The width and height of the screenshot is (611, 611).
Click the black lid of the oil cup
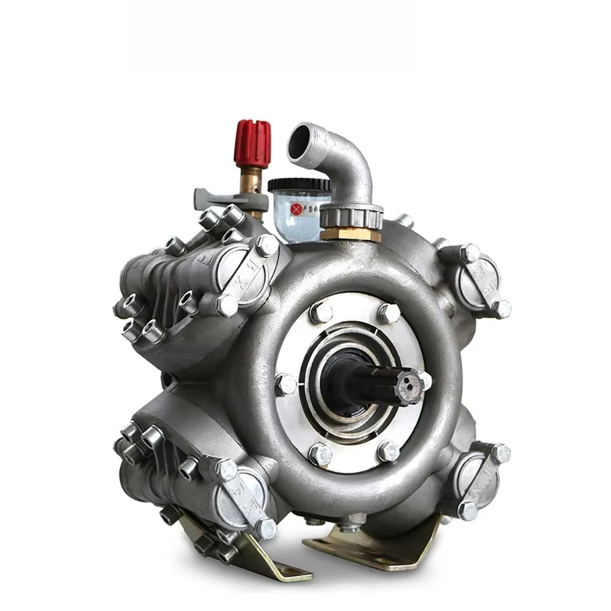click(299, 184)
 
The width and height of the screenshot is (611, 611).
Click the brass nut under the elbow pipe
click(351, 234)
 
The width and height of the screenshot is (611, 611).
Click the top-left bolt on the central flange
click(320, 312)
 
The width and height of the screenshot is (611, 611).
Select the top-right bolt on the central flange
click(389, 313)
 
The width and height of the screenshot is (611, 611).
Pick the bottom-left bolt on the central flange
click(320, 454)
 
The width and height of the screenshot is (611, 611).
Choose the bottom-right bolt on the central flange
click(389, 452)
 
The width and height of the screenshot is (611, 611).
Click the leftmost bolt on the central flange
click(285, 384)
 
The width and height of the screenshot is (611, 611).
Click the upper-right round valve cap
click(480, 278)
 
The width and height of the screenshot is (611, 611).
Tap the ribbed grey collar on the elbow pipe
click(351, 215)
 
